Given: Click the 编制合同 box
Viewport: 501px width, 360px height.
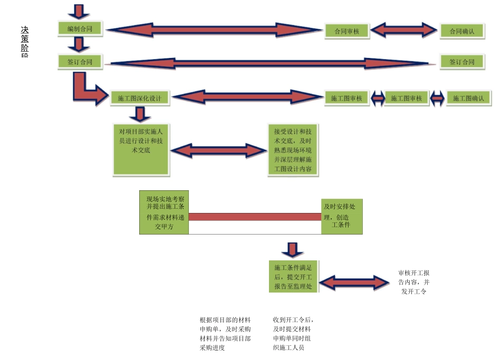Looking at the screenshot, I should [x=80, y=28].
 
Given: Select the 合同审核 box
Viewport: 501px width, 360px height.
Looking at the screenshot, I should [x=346, y=31].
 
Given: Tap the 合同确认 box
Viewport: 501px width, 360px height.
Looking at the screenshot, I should [x=461, y=31].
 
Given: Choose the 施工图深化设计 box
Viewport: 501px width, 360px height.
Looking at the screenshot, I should [x=139, y=98].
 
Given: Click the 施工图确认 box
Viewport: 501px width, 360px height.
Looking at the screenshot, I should [x=468, y=98].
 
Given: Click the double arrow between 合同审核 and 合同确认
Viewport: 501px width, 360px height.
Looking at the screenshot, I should [x=404, y=30].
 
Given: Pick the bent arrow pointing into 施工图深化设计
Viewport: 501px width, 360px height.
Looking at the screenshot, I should [x=88, y=91].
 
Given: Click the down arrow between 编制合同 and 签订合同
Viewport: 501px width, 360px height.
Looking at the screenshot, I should [x=79, y=45].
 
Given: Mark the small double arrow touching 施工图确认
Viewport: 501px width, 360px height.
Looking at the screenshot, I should [x=437, y=98].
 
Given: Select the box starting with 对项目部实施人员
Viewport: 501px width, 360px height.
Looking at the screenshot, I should [x=141, y=149].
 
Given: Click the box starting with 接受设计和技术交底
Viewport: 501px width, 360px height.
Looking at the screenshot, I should [x=293, y=150].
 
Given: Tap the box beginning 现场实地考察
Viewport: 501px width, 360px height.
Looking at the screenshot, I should [x=164, y=212].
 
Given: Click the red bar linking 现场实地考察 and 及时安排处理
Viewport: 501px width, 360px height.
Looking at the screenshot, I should [x=255, y=217].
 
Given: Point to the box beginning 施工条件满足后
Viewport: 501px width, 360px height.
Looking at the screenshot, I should [x=293, y=277].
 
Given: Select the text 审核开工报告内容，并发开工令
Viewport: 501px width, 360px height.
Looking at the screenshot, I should [x=414, y=282].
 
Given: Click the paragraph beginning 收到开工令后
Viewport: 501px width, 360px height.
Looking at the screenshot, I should [x=293, y=333].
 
